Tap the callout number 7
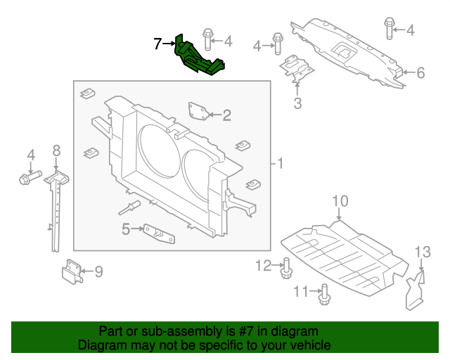(x=157, y=44)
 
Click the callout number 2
(x=226, y=115)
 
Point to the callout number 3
(x=297, y=105)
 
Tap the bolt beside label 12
(x=287, y=268)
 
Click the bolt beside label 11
(x=323, y=295)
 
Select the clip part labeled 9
(x=72, y=271)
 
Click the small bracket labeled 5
(x=159, y=233)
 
